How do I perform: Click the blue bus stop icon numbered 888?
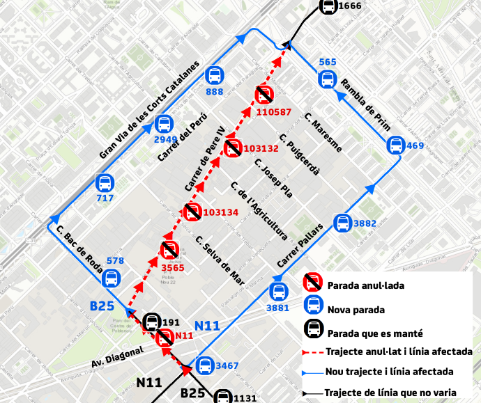click(x=215, y=76)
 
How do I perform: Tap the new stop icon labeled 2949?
click(x=164, y=125)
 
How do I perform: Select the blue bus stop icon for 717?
click(x=105, y=184)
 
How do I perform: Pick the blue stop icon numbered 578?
click(x=111, y=278)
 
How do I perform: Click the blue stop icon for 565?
click(x=328, y=79)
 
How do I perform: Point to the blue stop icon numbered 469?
click(x=395, y=146)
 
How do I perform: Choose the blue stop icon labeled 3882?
click(x=342, y=223)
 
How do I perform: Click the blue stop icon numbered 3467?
click(x=204, y=365)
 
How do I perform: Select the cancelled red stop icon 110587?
click(x=264, y=95)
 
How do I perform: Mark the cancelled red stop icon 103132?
click(x=234, y=148)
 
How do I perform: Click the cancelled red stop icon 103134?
click(x=193, y=212)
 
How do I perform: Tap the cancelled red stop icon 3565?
click(x=169, y=251)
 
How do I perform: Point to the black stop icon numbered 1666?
click(x=327, y=6)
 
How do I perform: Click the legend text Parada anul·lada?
click(x=365, y=285)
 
